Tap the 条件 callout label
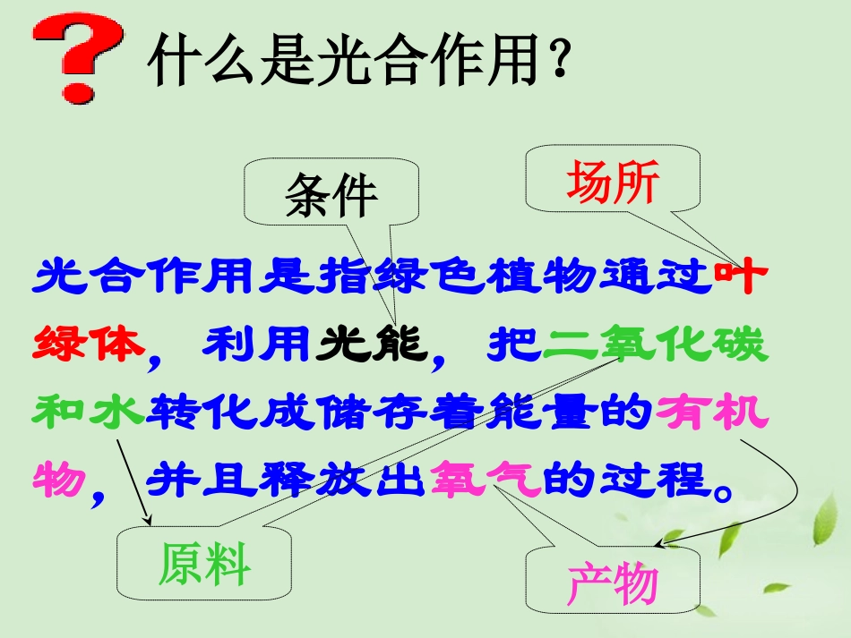point(331,194)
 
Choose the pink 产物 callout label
point(613,584)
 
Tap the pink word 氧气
point(486,481)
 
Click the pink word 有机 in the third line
point(712,413)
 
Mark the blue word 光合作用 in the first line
point(143,276)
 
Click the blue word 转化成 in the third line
point(229,413)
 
